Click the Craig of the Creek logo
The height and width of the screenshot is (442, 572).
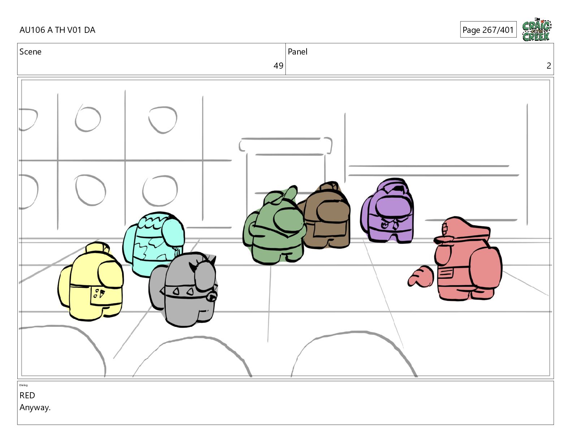[x=537, y=30]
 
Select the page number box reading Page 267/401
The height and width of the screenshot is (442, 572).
[x=488, y=30]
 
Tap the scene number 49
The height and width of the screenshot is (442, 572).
[x=278, y=66]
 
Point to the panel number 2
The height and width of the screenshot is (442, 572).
[x=549, y=66]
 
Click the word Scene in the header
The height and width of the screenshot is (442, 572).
[x=30, y=52]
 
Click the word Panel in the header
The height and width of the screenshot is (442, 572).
[x=298, y=52]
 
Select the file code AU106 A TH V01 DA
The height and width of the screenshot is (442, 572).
[x=57, y=30]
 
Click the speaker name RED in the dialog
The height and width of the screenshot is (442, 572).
[x=27, y=395]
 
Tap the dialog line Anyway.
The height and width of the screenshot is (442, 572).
[x=35, y=408]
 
